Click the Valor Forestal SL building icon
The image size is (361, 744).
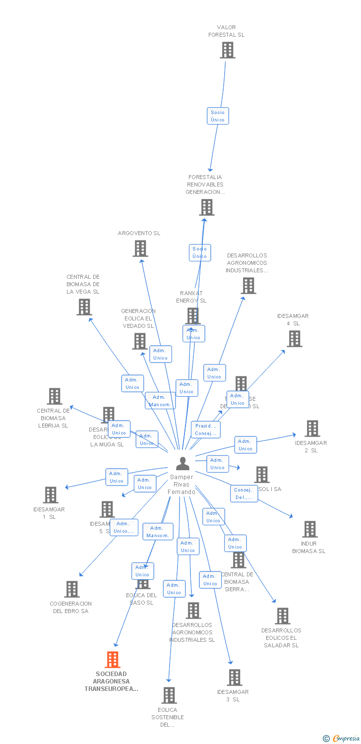coord(228,50)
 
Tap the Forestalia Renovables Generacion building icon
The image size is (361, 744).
coord(207,207)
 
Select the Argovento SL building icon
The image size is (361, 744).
coord(140,248)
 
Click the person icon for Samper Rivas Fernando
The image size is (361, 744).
coord(182,464)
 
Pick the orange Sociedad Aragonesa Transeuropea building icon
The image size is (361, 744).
coord(113,660)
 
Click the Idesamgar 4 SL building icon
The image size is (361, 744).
coord(295,339)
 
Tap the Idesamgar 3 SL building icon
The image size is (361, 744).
coord(234,678)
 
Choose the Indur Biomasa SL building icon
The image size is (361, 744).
coord(310,529)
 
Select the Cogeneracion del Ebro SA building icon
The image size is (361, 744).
coord(72,589)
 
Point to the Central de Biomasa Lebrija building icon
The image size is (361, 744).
coord(55,396)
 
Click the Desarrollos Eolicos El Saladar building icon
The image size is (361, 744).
coord(283,616)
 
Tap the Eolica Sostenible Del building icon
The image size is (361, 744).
coord(169,695)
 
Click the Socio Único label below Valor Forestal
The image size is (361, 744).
coord(218,116)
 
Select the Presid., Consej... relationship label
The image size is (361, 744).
coord(205,430)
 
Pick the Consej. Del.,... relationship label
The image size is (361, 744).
coord(244,494)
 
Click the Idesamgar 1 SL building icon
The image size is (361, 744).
coord(51,495)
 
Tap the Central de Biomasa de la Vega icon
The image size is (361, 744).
coord(84,307)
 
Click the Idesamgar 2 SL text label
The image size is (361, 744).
coord(311,446)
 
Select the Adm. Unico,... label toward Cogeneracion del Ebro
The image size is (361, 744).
coord(124,527)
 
